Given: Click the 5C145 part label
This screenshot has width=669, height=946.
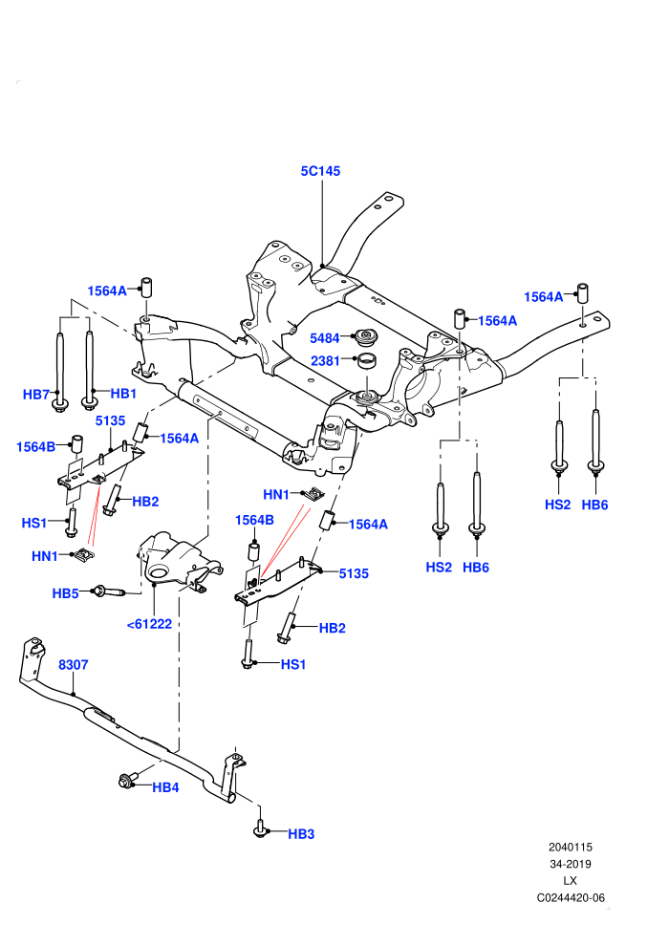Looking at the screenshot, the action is (320, 171).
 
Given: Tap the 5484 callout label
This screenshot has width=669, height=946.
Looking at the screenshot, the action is (325, 338).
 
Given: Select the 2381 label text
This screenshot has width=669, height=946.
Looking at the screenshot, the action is (325, 361).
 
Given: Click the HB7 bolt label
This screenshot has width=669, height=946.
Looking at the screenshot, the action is (36, 395).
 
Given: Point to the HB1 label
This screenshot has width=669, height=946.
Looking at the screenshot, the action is (123, 394).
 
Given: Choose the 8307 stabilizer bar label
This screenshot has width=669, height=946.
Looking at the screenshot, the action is (73, 665).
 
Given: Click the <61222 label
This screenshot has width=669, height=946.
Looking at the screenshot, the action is (149, 624).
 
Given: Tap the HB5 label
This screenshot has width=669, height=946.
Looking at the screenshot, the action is (65, 593).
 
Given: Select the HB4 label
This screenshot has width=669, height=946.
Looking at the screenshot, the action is (165, 787).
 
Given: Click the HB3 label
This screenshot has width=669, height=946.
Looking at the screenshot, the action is (301, 834).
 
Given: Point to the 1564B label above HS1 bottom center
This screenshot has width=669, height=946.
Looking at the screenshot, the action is (254, 520).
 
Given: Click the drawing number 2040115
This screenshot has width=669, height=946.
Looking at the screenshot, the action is (570, 847).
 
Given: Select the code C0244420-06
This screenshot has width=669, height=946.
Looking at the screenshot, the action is (571, 897).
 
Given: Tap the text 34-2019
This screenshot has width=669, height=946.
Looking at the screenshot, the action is (570, 864).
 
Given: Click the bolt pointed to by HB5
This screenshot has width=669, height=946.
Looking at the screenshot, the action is (109, 591).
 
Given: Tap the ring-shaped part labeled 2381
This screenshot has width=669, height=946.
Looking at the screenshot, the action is (366, 361).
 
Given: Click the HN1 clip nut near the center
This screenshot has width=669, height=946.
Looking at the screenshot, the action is (314, 493).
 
